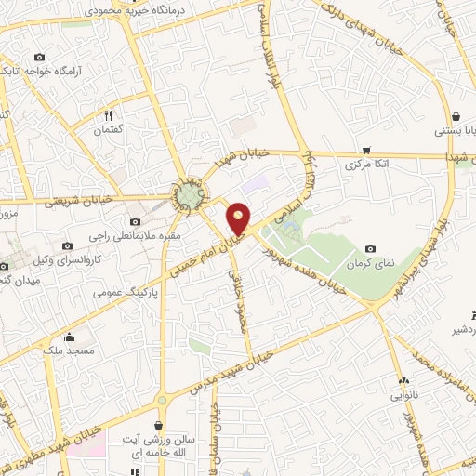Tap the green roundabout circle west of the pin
coord(190,195)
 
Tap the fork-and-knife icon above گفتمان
coord(108,115)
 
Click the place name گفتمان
coord(108,130)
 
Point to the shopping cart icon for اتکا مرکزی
coord(366,150)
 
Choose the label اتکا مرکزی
coord(365,165)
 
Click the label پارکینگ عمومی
coord(126,291)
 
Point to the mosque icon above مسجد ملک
coord(70,337)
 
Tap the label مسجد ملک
coord(69,352)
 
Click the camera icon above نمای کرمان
coord(371,248)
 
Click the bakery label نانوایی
coord(403,394)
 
